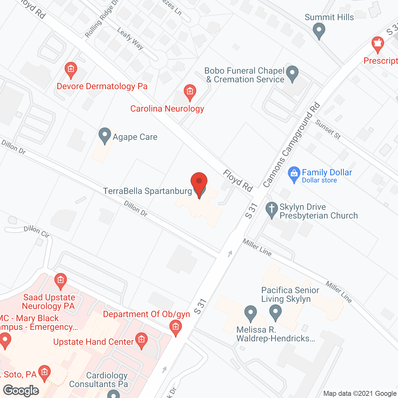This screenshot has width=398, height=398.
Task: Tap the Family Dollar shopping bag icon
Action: (x=294, y=174)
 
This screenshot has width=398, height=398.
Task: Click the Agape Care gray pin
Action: (x=104, y=136)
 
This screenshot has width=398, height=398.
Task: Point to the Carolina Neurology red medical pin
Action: (x=190, y=92)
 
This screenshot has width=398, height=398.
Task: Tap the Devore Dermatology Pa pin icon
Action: (x=71, y=70)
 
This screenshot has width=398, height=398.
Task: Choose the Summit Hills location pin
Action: (x=319, y=31)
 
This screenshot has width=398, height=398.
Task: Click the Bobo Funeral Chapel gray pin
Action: (x=292, y=74)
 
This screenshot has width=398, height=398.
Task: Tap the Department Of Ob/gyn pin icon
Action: (x=176, y=328)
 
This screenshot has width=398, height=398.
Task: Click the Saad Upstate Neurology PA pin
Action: (x=60, y=281)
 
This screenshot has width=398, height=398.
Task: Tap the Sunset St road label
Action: (x=328, y=129)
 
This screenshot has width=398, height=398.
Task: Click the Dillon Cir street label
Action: (x=37, y=231)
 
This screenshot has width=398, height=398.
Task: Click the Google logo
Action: (x=21, y=391)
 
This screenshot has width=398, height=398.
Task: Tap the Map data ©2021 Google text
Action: (x=360, y=393)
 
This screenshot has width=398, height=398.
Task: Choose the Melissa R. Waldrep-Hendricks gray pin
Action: (x=250, y=313)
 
